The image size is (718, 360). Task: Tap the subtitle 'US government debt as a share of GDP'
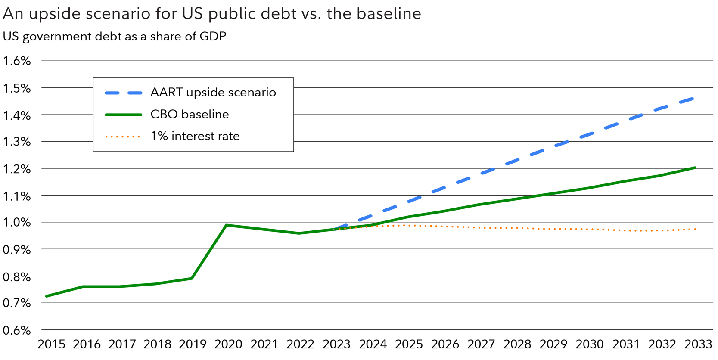click(x=115, y=37)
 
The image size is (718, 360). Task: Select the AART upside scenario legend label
click(x=213, y=93)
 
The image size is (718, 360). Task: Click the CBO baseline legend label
click(x=190, y=115)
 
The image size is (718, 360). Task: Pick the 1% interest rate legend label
click(x=195, y=136)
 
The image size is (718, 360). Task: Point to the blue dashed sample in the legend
click(x=124, y=93)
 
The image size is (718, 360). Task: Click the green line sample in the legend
click(x=124, y=115)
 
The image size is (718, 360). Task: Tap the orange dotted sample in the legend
click(x=123, y=137)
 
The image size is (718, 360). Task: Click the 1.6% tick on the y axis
click(x=17, y=61)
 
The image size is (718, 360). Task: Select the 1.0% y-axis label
click(x=17, y=222)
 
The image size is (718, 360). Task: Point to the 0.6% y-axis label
click(x=17, y=330)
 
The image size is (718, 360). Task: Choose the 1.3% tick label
click(x=17, y=141)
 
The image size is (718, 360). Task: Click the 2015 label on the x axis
click(x=51, y=344)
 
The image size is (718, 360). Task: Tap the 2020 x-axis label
click(x=228, y=344)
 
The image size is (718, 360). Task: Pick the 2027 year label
click(x=481, y=344)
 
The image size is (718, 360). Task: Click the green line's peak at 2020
click(x=227, y=225)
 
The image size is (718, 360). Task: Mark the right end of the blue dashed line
click(x=693, y=99)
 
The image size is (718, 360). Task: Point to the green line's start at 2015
click(x=47, y=296)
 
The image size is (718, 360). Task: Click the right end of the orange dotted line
click(x=696, y=229)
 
